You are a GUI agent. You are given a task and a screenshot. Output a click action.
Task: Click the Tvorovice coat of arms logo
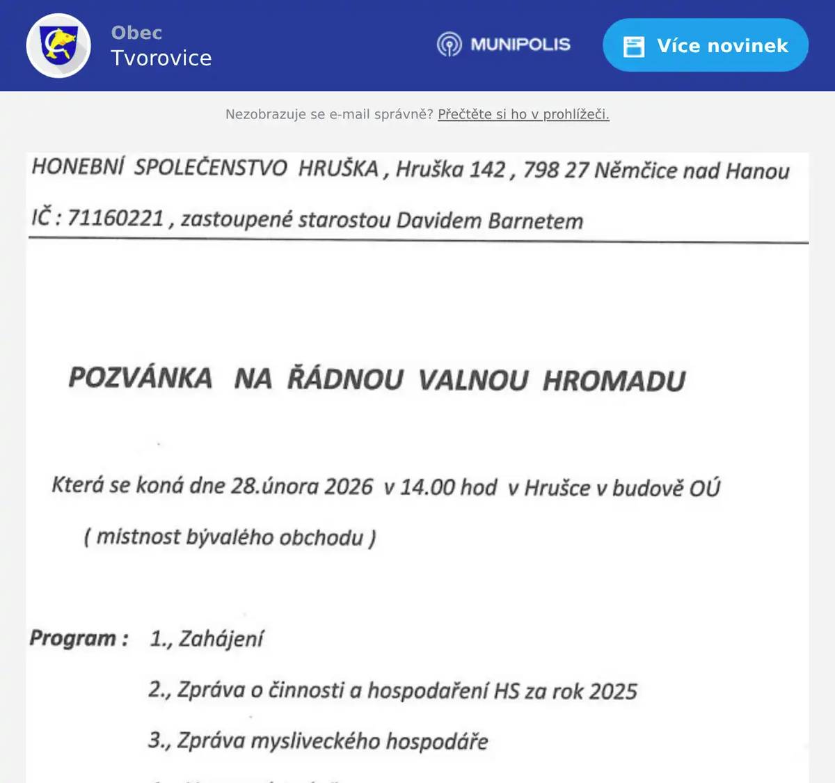[x=58, y=46]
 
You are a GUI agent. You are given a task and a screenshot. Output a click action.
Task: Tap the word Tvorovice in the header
[x=161, y=58]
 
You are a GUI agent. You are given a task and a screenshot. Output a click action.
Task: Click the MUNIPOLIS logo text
[x=520, y=45]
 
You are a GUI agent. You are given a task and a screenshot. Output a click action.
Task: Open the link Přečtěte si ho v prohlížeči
[x=523, y=114]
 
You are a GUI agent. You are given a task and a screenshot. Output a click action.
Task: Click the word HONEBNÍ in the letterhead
[x=78, y=167]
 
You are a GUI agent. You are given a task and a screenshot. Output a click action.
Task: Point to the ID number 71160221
[x=116, y=219]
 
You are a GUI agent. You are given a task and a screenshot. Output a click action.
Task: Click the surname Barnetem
[x=535, y=221]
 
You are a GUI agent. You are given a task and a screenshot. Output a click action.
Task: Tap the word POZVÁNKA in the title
[x=141, y=378]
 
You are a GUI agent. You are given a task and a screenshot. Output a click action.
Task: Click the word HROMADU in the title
[x=614, y=381]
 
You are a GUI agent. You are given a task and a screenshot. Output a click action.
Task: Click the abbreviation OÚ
[x=704, y=489]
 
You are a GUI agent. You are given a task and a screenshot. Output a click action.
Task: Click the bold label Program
[x=72, y=638]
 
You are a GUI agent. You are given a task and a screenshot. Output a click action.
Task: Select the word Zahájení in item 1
[x=221, y=639]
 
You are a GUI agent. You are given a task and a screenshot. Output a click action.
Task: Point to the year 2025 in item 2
[x=613, y=692]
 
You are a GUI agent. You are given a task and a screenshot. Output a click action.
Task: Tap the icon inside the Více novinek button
[x=633, y=46]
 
